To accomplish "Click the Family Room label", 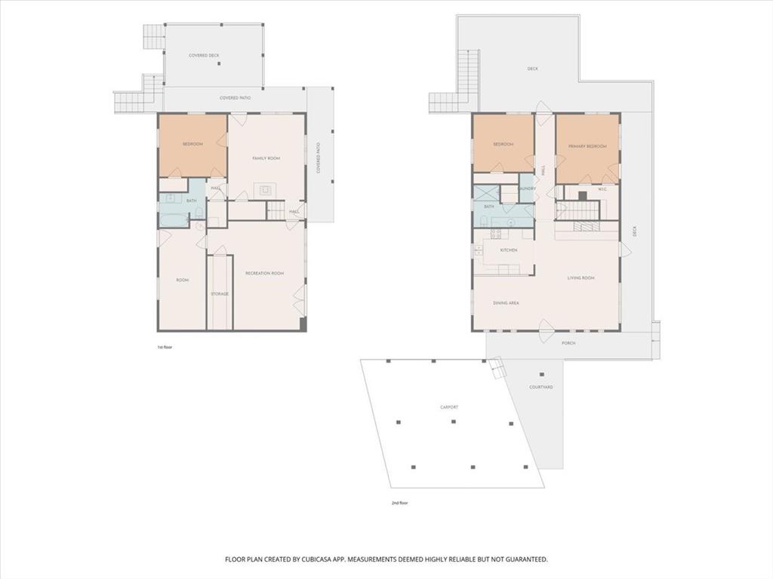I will (x=266, y=158).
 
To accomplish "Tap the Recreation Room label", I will (x=264, y=273).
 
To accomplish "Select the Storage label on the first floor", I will (x=220, y=294).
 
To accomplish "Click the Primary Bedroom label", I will (x=587, y=146).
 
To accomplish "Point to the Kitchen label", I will (x=508, y=250).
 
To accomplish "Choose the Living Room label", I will (x=581, y=278).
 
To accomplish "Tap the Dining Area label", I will (x=506, y=303).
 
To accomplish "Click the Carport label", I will (x=449, y=407).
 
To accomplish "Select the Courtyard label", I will (x=540, y=388).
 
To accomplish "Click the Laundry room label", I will (x=527, y=188).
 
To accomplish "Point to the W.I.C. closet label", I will (x=602, y=189).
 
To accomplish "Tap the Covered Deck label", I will (x=204, y=56).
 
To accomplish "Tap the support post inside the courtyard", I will (x=540, y=375).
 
